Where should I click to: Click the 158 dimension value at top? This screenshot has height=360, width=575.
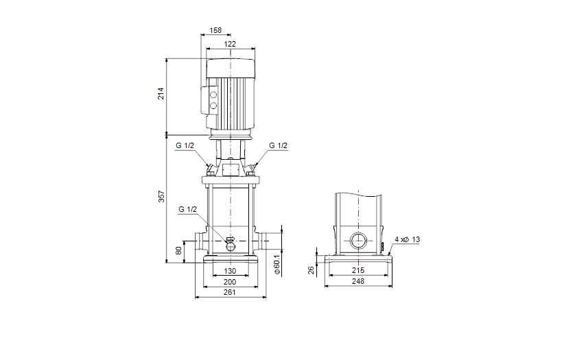[215, 30]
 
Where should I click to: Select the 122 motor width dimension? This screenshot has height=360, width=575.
[230, 44]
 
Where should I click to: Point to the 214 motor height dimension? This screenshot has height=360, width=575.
[161, 93]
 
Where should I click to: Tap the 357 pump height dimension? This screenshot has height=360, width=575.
[161, 196]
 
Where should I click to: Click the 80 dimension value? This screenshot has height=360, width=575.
[179, 251]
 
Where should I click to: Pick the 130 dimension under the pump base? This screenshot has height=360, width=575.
[230, 271]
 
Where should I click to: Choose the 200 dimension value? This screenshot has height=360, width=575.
[230, 282]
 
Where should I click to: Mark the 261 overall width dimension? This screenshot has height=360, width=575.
[230, 293]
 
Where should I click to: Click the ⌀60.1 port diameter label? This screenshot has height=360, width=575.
[277, 265]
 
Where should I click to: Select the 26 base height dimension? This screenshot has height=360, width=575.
[311, 270]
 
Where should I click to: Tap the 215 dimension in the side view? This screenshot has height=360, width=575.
[358, 271]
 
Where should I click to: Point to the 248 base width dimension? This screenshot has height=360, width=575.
[358, 282]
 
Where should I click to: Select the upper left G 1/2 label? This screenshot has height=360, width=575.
[185, 145]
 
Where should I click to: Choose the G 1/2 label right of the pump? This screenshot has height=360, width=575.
[278, 145]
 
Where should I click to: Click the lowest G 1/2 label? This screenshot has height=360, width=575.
[187, 209]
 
